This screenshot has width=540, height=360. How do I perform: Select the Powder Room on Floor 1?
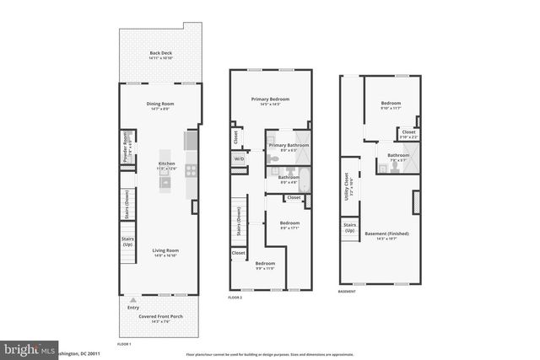pos(126,148)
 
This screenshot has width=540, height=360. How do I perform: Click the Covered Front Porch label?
pos(160,319)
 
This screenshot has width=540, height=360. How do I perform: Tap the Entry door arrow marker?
pos(131,300)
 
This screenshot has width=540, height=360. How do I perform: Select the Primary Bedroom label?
pos(270,101)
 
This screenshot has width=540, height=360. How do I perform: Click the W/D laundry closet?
pos(239,159)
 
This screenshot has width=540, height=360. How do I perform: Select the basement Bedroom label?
pos(390,105)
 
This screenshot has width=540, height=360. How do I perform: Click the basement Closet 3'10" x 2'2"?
pos(408,134)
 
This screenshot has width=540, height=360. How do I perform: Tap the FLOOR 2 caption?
pos(235,298)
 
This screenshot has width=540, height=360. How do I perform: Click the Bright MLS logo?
pos(30,347)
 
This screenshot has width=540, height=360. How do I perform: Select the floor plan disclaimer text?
pos(270,354)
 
